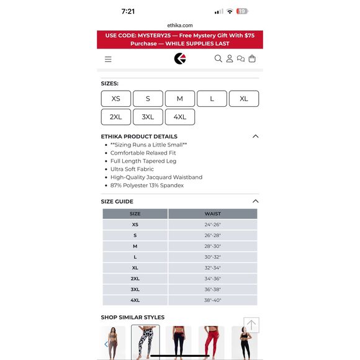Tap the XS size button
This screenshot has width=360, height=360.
(116, 99)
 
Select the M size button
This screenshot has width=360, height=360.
(179, 99)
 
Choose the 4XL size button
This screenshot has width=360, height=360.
(179, 117)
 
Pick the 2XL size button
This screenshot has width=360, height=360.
(116, 117)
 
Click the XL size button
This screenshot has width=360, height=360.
(243, 99)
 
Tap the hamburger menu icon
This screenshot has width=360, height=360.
(108, 59)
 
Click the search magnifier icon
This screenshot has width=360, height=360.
(218, 59)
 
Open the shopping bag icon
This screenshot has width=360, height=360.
(252, 59)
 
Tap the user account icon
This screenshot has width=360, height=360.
(230, 59)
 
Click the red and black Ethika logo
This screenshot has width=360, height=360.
(180, 59)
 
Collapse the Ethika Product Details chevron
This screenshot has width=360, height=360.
(255, 137)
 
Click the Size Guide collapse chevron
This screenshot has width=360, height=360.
(255, 201)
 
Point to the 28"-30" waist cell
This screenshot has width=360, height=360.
(212, 246)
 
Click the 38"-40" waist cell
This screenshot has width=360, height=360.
(212, 300)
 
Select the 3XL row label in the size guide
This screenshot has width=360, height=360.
(135, 289)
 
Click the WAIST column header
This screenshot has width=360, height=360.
(212, 214)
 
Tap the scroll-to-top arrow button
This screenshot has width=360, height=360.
(251, 325)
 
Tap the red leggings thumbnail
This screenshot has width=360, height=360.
(211, 343)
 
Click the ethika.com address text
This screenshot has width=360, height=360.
(179, 25)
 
